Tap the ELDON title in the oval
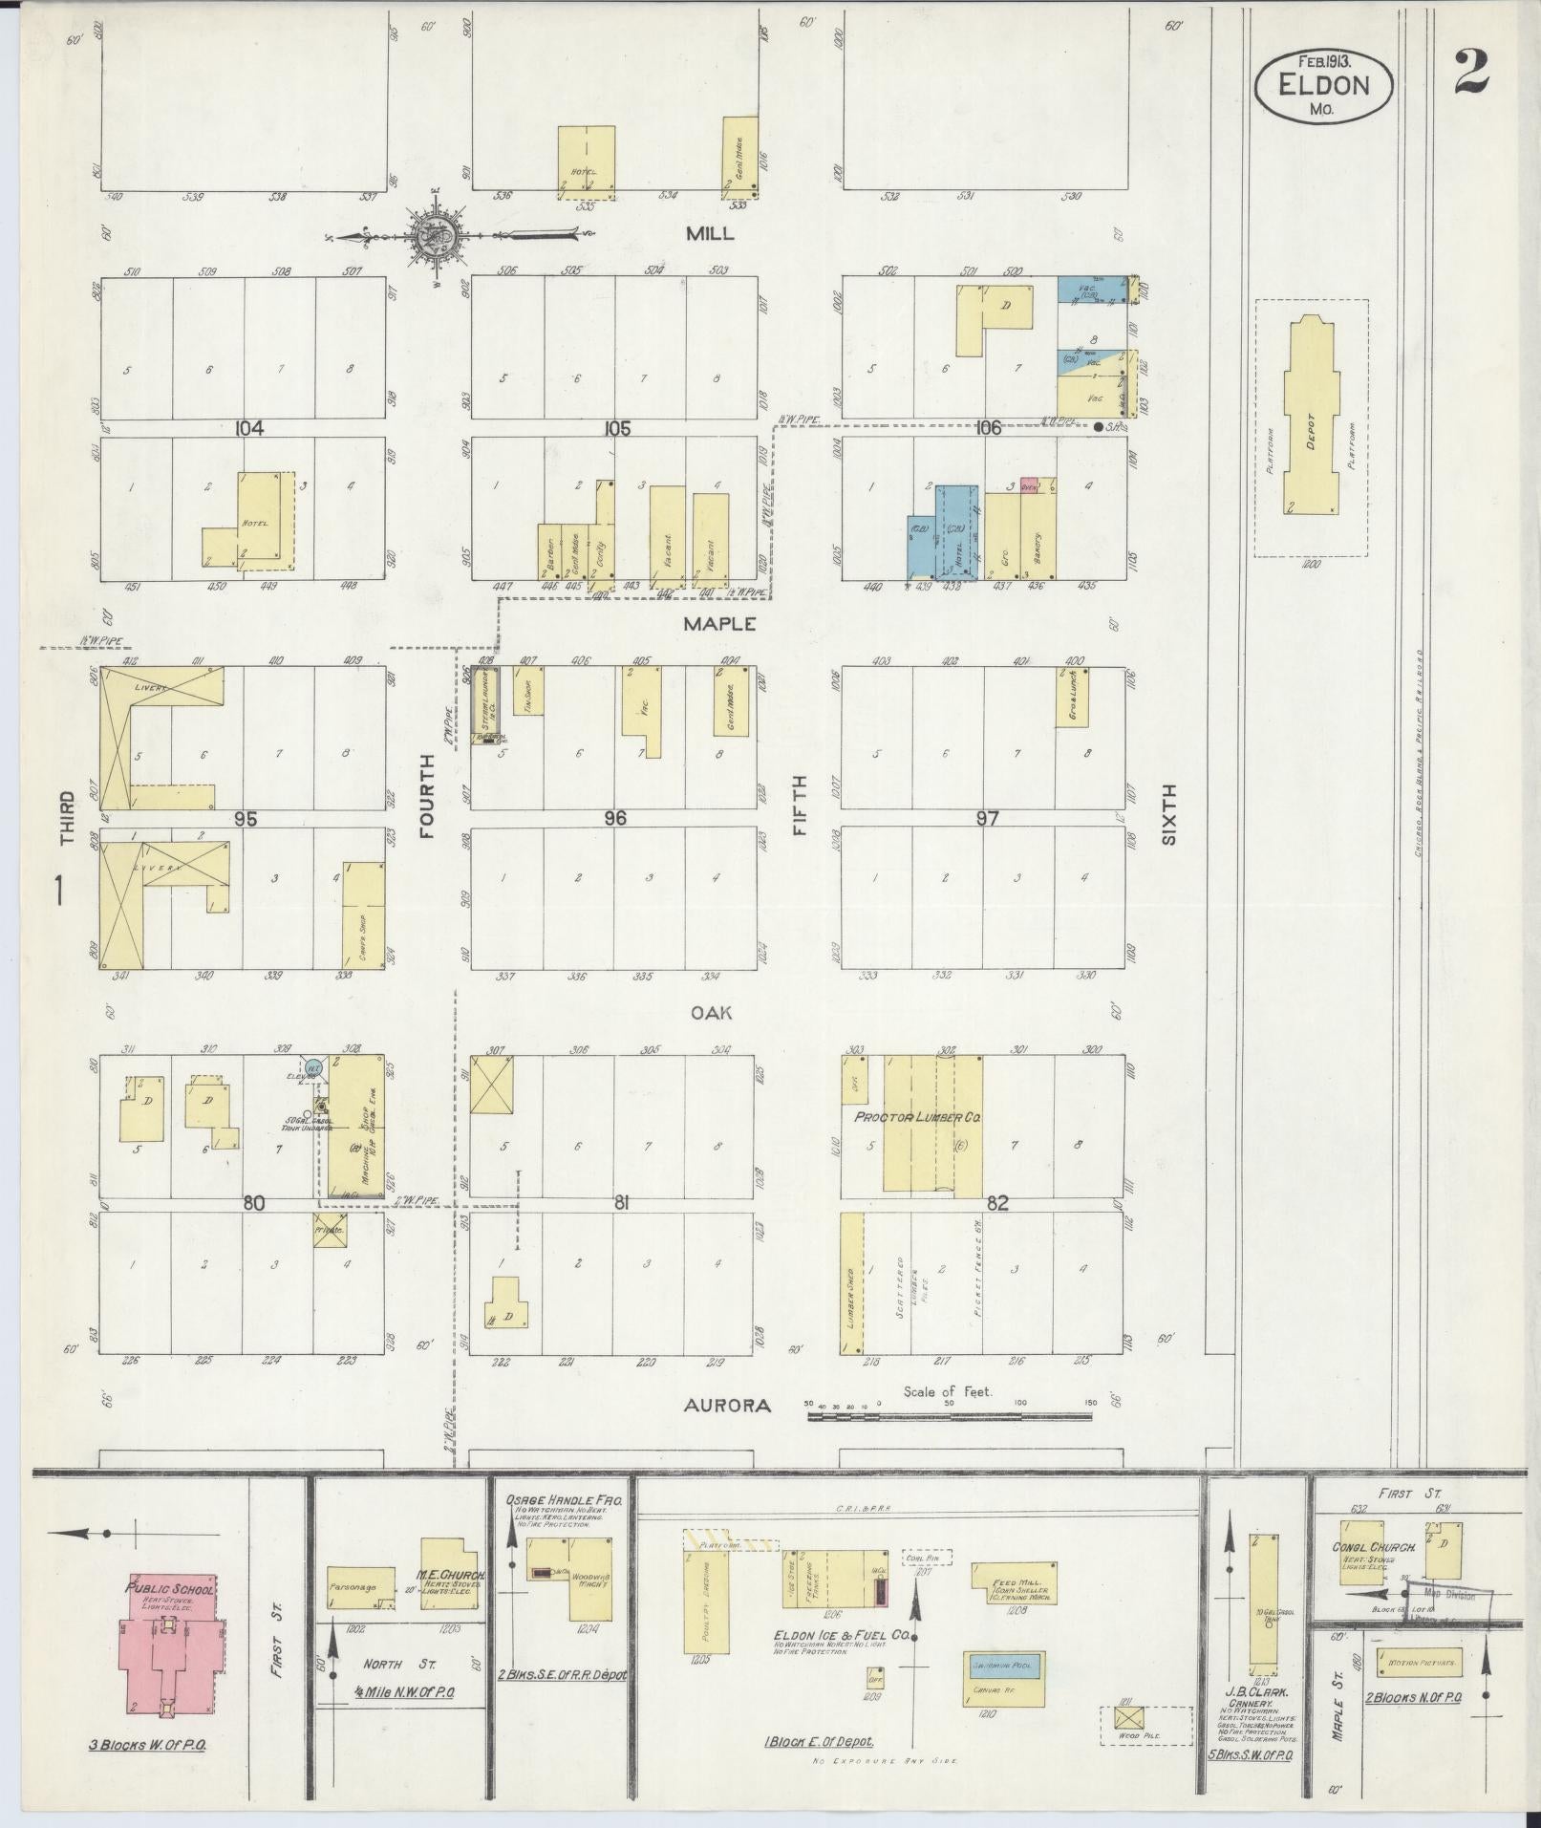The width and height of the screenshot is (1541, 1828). (x=1323, y=85)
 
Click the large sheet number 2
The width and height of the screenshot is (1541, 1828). (x=1471, y=72)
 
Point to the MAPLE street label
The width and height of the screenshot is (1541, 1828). (x=719, y=624)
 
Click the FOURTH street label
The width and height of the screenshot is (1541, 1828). (x=426, y=796)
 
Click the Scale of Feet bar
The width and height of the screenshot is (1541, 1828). (x=951, y=1417)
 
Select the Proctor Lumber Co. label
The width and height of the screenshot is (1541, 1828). (x=918, y=1117)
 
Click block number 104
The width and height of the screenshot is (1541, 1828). (x=249, y=428)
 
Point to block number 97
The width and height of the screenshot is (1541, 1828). (x=987, y=818)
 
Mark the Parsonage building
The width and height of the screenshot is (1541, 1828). (x=360, y=1587)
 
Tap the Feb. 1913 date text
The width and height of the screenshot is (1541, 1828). (x=1323, y=60)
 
